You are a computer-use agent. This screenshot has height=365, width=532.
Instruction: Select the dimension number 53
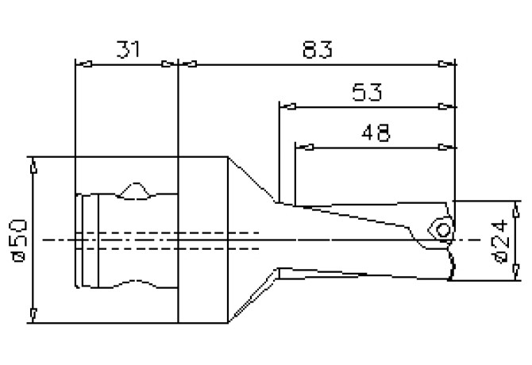pyautogui.click(x=366, y=92)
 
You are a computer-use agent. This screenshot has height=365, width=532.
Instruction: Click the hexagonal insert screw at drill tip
pyautogui.click(x=442, y=228)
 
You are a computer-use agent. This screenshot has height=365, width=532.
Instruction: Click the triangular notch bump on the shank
pyautogui.click(x=136, y=190)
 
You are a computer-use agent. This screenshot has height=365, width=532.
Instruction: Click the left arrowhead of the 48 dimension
pyautogui.click(x=304, y=146)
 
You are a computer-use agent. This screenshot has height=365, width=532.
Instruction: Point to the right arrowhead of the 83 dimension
pyautogui.click(x=448, y=64)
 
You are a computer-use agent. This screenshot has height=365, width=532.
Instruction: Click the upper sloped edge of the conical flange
pyautogui.click(x=253, y=179)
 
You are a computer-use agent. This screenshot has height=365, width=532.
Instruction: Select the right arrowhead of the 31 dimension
pyautogui.click(x=169, y=64)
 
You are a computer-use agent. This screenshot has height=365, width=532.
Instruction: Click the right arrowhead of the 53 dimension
pyautogui.click(x=448, y=106)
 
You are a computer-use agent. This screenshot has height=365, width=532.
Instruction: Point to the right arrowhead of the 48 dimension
pyautogui.click(x=448, y=146)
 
